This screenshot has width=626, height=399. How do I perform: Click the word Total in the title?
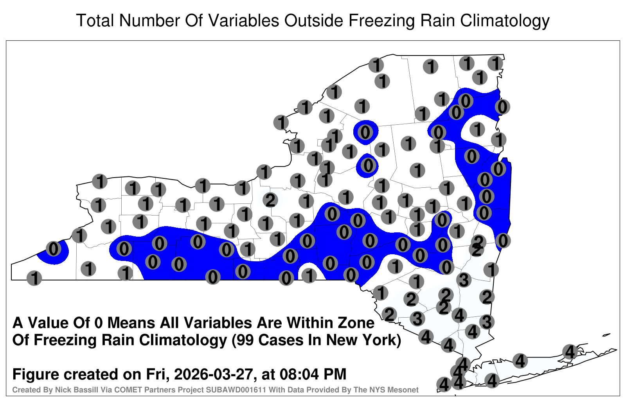[x=95, y=20]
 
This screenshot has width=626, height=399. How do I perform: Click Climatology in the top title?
[x=505, y=21]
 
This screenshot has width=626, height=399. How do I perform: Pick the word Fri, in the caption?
[x=158, y=375]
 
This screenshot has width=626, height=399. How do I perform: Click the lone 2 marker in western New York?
[x=270, y=200]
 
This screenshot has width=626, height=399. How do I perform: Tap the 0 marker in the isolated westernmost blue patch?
[x=54, y=249]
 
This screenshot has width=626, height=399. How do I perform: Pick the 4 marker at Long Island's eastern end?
[x=570, y=352]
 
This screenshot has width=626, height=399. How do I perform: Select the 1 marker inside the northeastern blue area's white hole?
[x=477, y=129]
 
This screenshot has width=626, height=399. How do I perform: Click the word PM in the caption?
[x=335, y=374]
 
